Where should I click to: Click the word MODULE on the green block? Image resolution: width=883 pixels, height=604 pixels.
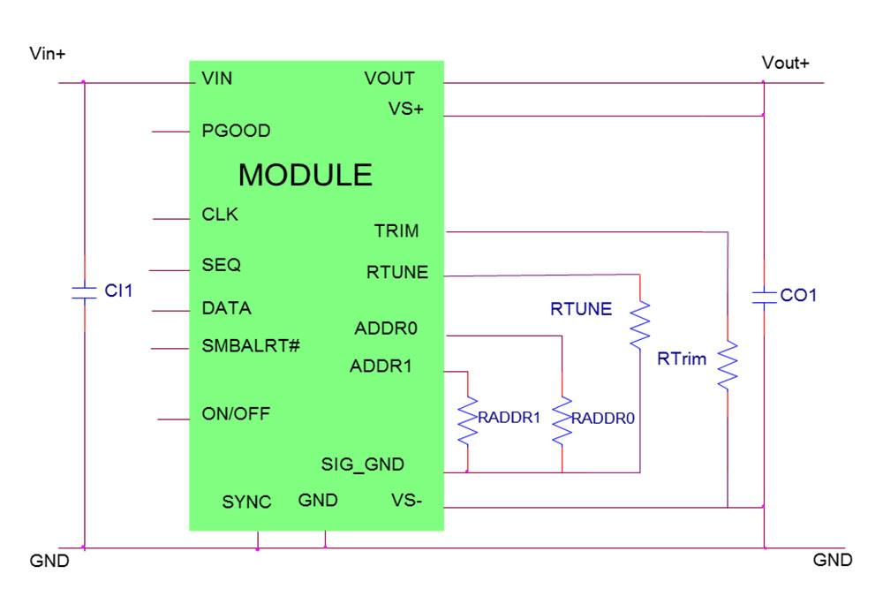pos(305,175)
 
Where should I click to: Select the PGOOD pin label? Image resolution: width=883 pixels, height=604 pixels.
pos(236,131)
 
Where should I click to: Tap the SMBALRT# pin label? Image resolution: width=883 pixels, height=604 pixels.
pos(251,345)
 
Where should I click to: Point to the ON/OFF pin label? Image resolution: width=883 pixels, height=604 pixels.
pos(236,413)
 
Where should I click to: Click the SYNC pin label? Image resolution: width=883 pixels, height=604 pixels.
pos(246,502)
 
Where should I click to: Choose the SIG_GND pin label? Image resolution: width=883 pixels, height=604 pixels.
pos(363,464)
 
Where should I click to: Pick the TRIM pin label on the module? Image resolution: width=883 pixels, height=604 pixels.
pos(396,231)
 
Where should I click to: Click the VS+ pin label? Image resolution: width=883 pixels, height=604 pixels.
pos(406,109)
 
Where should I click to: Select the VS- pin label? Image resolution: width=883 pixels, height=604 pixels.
pos(406,501)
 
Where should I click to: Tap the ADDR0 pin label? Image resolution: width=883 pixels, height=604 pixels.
pos(386,328)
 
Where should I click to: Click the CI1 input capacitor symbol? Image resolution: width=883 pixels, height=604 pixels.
pos(84,292)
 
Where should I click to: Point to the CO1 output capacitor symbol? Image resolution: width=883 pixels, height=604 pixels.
pos(763,296)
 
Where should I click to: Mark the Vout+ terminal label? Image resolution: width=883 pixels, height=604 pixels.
pos(785,63)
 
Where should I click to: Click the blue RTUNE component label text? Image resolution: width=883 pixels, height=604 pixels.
pos(580,309)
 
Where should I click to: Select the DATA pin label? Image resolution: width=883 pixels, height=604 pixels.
pos(226,308)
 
